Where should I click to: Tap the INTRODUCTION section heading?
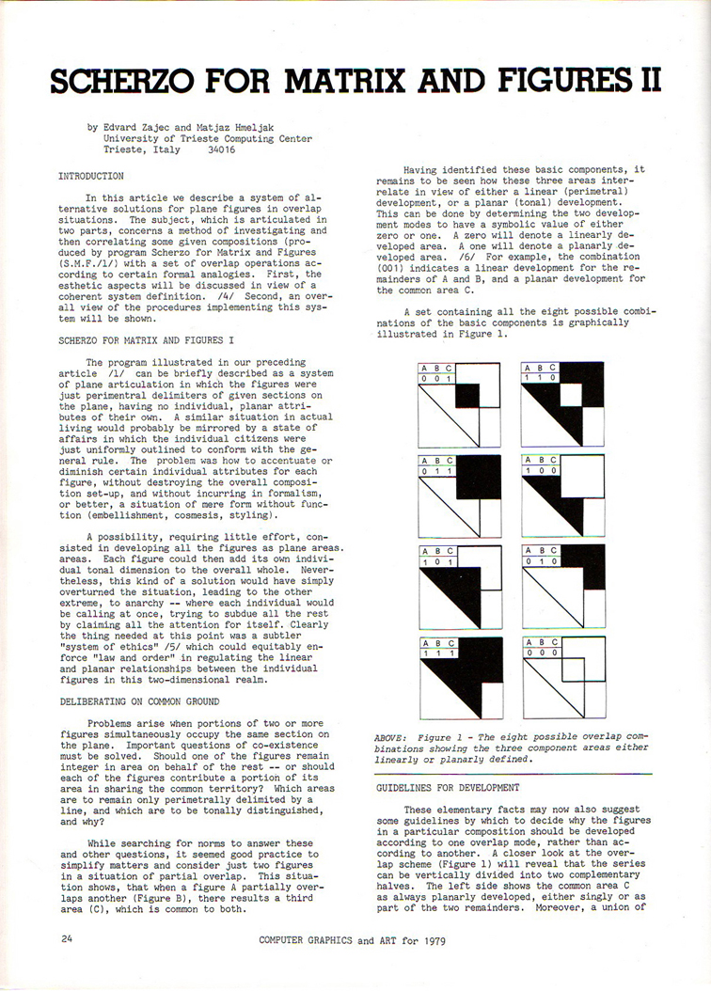click(x=90, y=176)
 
